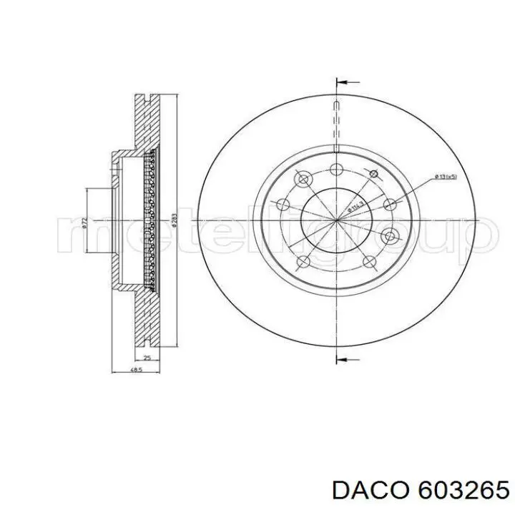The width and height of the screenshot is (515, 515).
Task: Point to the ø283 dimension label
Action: [x=174, y=219]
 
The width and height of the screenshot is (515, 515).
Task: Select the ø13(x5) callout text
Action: [x=446, y=176]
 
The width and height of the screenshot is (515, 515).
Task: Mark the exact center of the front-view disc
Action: [x=335, y=219]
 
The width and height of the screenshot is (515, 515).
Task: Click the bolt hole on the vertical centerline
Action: [x=335, y=169]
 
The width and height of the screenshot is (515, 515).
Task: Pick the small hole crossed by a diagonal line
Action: [x=373, y=173]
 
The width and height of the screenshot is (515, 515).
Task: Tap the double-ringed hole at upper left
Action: [x=303, y=178]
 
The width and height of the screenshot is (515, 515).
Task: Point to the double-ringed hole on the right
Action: [x=390, y=236]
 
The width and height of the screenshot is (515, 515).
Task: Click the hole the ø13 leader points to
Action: [x=390, y=205]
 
